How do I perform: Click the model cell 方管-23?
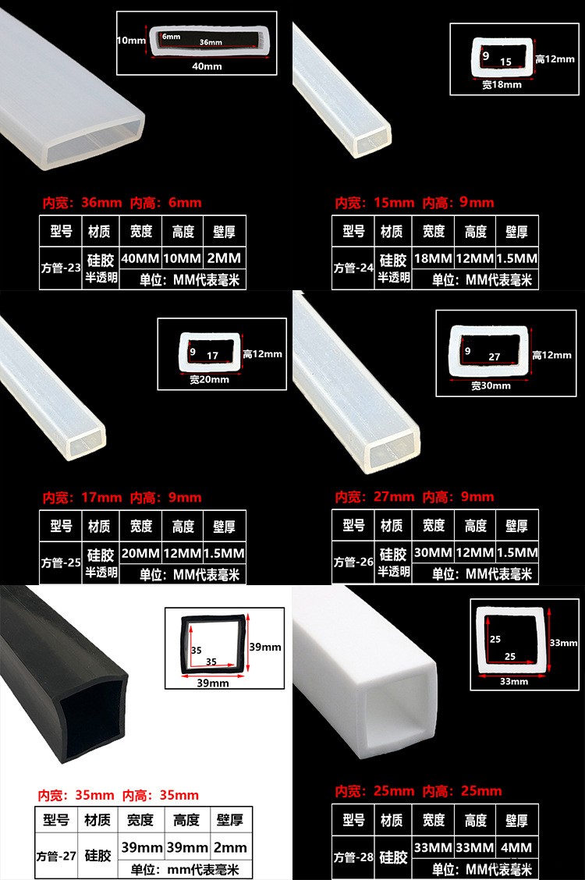click(x=61, y=268)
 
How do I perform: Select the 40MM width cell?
click(x=140, y=258)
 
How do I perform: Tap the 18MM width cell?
click(x=433, y=258)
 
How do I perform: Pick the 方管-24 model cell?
click(x=353, y=268)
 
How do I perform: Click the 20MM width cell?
click(x=140, y=553)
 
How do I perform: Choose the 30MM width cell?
click(x=433, y=553)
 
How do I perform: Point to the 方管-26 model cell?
click(x=353, y=562)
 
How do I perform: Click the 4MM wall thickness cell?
click(x=516, y=847)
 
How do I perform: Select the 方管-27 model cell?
click(x=56, y=856)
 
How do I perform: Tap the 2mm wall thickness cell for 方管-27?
click(x=231, y=847)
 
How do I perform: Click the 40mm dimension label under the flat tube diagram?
click(x=207, y=66)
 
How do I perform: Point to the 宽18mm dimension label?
click(x=502, y=85)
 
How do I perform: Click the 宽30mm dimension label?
click(x=491, y=385)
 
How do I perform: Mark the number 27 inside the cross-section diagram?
click(x=495, y=357)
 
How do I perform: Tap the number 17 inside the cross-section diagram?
click(x=212, y=356)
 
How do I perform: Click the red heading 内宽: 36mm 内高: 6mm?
click(x=122, y=203)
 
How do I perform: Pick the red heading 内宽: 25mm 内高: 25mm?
click(x=418, y=791)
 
